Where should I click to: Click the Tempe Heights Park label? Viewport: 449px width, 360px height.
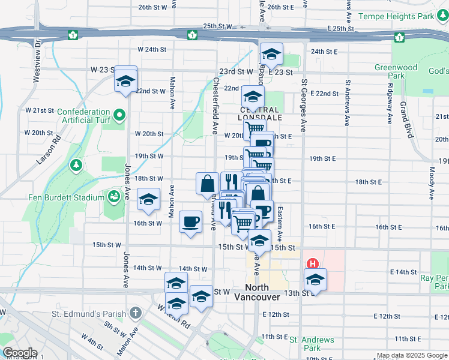point(396,16)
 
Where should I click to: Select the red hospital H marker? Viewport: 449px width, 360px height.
point(312,263)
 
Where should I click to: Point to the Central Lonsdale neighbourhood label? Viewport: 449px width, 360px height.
point(259,110)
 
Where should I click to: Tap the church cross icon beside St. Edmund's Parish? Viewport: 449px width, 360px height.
point(136,313)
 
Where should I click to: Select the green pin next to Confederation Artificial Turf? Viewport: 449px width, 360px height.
point(119,114)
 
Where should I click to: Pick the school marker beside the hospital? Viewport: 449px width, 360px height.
point(315,280)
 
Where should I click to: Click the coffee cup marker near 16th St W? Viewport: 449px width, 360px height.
point(191,222)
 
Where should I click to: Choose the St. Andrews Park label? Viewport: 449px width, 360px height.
point(312,344)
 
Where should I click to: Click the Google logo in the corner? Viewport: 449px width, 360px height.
point(20,353)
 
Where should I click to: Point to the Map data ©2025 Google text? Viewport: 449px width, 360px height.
point(411,356)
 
